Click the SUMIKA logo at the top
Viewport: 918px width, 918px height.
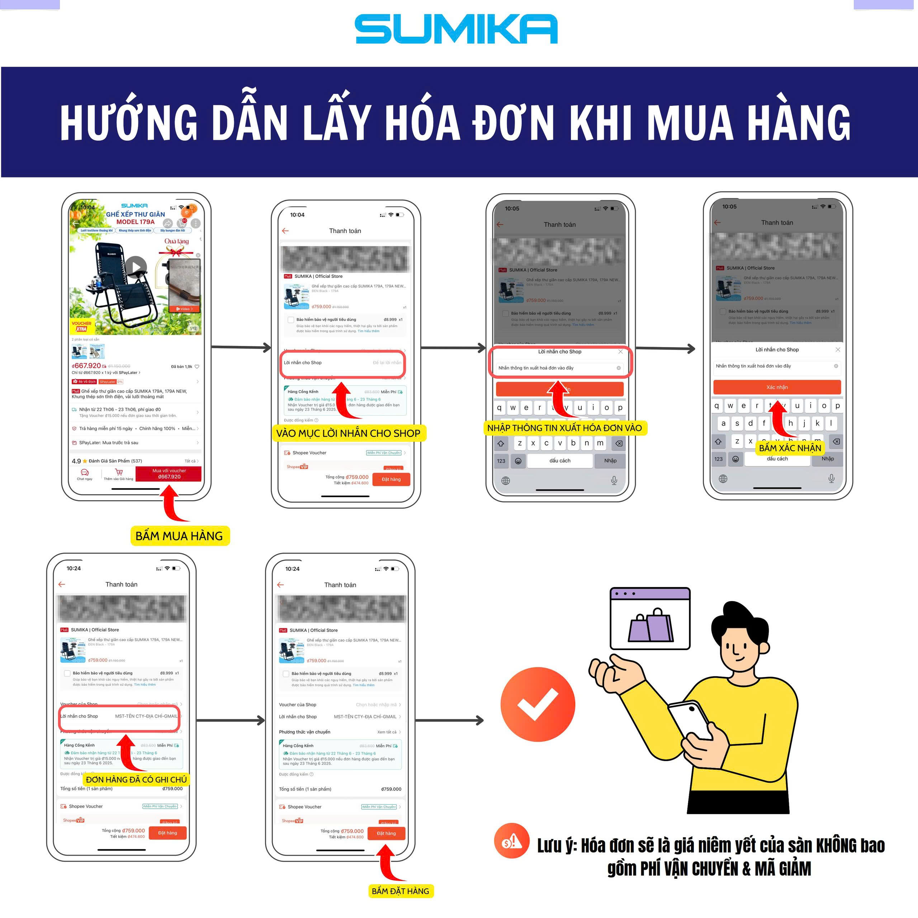(x=456, y=29)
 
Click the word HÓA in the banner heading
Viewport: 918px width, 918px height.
(x=422, y=123)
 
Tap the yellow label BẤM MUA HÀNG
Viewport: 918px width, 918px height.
(x=179, y=536)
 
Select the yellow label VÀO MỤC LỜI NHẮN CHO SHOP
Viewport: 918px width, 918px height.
(x=348, y=433)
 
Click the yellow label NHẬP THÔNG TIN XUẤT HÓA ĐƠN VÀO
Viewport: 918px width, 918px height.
(x=564, y=428)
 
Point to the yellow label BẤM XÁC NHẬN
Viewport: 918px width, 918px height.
(x=790, y=448)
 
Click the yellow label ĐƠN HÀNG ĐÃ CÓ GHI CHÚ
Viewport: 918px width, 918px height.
(x=136, y=780)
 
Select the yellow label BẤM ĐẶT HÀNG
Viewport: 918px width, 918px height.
(x=400, y=891)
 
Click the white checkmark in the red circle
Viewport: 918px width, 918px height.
(x=538, y=705)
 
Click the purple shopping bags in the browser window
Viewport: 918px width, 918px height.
(x=650, y=626)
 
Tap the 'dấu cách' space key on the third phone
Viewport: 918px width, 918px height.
(x=560, y=461)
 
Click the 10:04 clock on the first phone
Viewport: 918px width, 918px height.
(x=88, y=207)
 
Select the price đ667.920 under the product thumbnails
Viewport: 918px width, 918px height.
(x=86, y=366)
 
